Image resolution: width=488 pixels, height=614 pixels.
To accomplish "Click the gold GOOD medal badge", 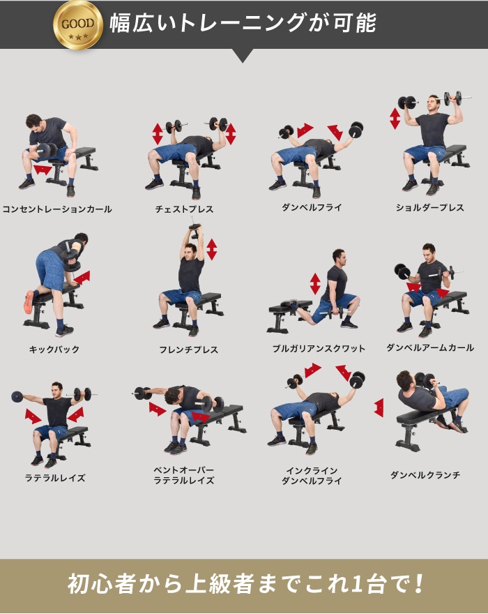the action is pos(78,24).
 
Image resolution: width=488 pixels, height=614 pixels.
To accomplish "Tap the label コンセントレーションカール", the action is pos(57,209).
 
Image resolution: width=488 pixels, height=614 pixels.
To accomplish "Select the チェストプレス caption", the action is pos(184,209).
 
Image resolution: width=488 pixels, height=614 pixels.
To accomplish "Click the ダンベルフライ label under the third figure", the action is pos(312,207).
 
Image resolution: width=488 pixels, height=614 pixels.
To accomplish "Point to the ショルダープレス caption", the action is pos(429,207).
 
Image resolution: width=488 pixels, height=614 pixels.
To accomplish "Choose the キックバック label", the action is pos(54,349).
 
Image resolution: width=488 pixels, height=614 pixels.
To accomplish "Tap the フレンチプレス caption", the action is pos(188,350).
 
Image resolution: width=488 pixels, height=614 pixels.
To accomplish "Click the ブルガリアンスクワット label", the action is pos(319,348).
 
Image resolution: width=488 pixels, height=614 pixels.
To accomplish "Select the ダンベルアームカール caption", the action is pos(430,347).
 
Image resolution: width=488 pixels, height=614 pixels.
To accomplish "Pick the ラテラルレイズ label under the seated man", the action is pos(55,478).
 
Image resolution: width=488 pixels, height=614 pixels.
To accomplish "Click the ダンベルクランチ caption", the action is pos(425,475).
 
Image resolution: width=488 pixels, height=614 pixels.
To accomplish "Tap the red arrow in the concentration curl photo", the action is pos(43,170).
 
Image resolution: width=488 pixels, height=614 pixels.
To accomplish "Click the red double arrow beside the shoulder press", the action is pos(395,118).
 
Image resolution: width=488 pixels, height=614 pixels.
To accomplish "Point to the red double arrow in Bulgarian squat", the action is pos(315,284).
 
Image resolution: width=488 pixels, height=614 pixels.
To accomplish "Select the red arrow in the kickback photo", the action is pos(82,278).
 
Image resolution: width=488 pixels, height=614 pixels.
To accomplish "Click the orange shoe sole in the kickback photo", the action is pos(28,301).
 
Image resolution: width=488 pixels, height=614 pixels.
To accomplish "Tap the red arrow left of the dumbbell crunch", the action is pos(379,407).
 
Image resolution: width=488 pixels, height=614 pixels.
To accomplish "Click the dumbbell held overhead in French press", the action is pos(195,231).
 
